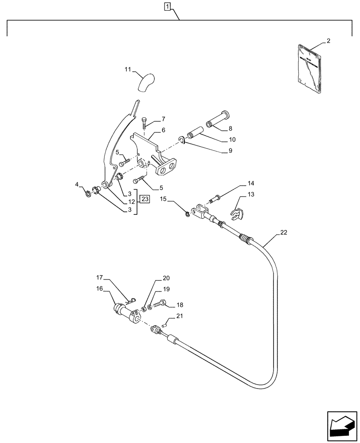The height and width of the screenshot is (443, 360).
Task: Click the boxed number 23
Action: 144,198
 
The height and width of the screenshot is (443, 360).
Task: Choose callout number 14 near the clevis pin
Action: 251,183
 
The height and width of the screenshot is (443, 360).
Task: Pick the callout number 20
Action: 166,278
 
